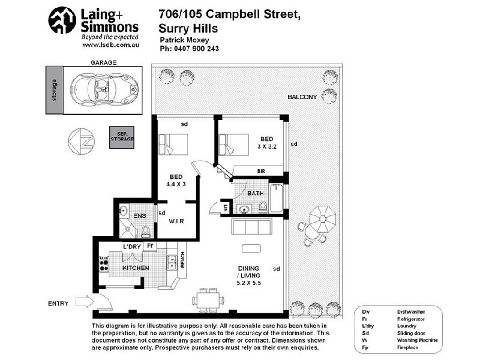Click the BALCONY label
[x=302, y=97]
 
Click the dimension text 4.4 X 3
[x=176, y=184]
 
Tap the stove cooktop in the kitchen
[x=103, y=264]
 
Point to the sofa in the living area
[x=250, y=227]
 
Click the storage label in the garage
[x=55, y=91]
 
